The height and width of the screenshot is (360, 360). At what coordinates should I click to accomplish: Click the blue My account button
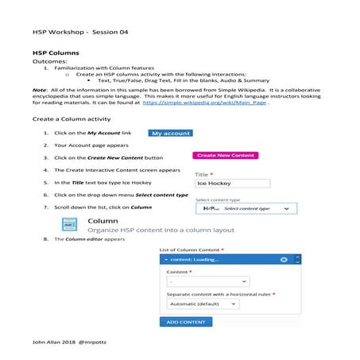coord(171,134)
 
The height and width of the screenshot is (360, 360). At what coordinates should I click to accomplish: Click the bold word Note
coord(40,90)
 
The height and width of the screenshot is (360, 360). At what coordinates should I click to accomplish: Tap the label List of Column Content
coord(191,250)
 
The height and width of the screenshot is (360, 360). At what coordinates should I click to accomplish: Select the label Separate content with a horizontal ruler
coord(219,293)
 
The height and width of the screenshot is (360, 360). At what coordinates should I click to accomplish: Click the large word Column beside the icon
coord(103,220)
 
